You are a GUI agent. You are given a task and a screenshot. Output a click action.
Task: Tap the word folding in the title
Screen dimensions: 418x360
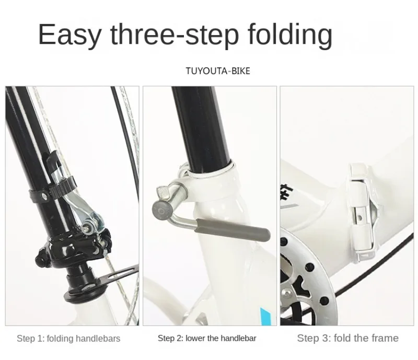290,36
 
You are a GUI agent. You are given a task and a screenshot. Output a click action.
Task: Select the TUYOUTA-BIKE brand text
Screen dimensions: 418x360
218,71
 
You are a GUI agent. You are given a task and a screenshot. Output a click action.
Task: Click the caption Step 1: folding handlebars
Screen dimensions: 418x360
68,339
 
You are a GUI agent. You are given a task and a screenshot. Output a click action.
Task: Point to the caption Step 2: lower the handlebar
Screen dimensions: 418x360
207,338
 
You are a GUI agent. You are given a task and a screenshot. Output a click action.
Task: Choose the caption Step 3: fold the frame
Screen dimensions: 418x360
348,338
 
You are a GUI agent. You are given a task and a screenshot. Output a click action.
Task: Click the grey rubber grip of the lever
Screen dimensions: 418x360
233,229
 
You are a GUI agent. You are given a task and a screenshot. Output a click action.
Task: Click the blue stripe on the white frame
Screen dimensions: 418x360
266,317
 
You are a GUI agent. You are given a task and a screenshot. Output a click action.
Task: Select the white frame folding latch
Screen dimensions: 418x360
361,212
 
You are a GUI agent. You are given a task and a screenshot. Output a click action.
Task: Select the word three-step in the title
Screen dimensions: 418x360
175,36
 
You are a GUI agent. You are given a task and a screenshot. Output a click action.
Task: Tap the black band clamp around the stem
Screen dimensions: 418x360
52,190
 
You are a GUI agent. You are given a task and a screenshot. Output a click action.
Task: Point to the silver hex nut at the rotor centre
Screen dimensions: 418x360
286,293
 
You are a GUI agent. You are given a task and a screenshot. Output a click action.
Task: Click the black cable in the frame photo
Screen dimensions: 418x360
373,264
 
